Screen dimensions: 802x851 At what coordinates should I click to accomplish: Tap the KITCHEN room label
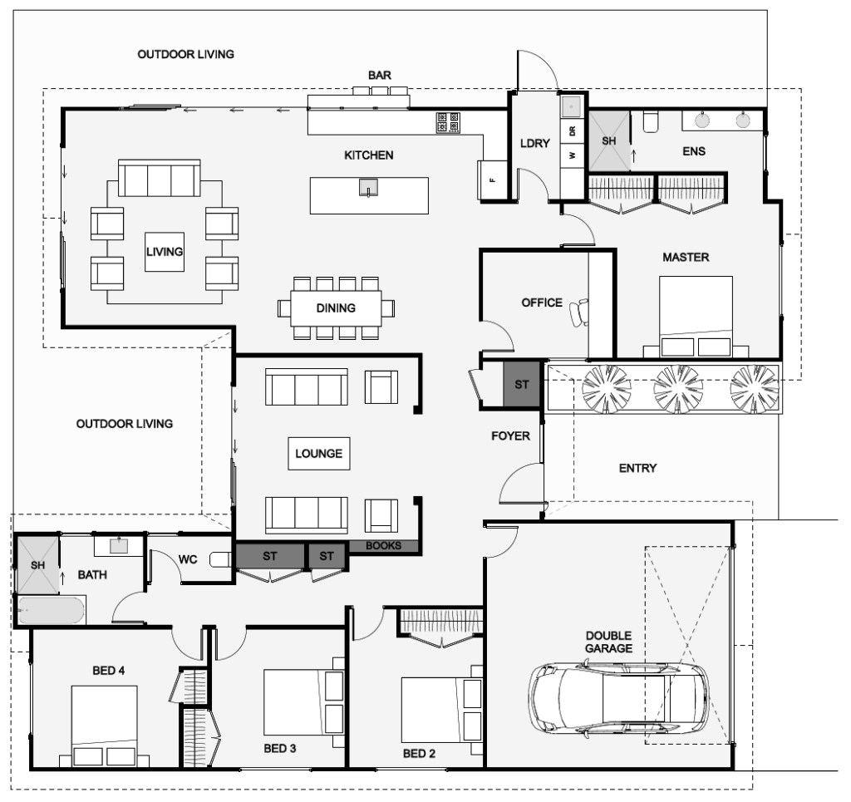[369, 155]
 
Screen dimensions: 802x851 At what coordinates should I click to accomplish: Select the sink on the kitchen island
[367, 188]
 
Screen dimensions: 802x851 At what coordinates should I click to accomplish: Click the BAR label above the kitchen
[380, 76]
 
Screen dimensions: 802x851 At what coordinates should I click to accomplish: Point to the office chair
[577, 312]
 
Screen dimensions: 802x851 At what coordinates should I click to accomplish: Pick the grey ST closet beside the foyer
[522, 385]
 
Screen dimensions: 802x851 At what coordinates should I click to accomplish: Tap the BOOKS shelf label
[383, 546]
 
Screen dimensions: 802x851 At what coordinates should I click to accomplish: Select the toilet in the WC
[220, 559]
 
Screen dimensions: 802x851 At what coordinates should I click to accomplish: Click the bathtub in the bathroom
[50, 611]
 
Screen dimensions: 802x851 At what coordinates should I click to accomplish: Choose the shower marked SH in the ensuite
[609, 141]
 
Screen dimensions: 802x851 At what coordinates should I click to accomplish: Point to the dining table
[336, 308]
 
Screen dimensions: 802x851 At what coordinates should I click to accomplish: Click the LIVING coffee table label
[165, 251]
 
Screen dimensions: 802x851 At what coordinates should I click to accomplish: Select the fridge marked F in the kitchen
[492, 179]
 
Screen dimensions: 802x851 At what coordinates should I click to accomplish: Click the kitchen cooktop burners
[448, 123]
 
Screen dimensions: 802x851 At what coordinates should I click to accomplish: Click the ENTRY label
[637, 469]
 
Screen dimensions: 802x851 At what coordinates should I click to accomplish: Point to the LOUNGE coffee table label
[318, 455]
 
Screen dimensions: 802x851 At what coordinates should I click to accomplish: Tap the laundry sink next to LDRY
[572, 107]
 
